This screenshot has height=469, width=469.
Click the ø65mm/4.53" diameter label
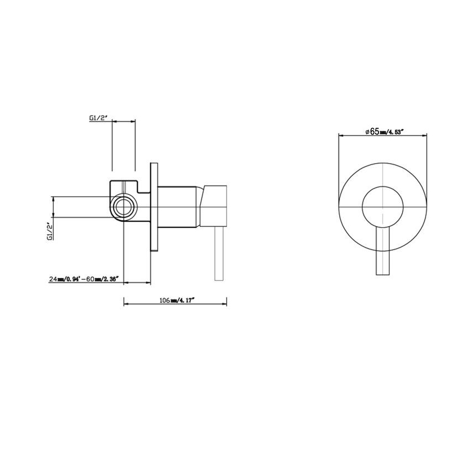coord(384,131)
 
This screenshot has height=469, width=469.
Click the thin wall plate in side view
coord(154,207)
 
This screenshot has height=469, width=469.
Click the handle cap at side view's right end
coord(215,204)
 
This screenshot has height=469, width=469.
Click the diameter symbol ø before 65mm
coord(367,131)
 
